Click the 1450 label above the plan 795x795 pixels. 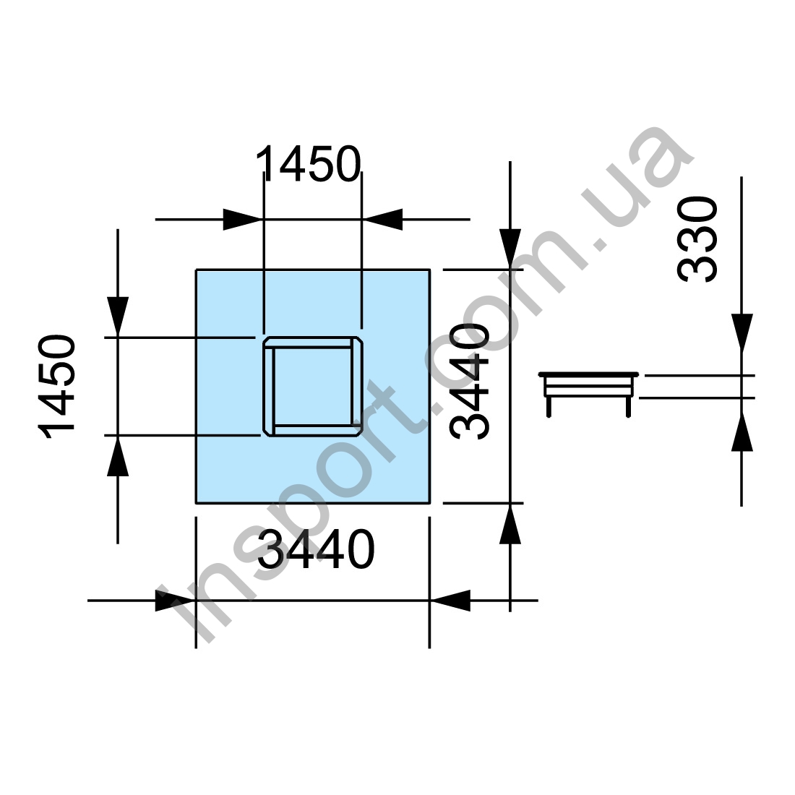tap(309, 164)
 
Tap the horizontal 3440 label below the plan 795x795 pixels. tap(317, 549)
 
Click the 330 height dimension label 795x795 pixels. tap(697, 239)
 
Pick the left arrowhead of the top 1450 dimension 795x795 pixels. tap(242, 220)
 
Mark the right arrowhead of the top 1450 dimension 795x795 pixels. tap(383, 220)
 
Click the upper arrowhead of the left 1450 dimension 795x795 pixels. tap(118, 317)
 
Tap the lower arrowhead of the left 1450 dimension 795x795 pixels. tap(118, 456)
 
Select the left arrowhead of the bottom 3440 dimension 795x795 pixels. tap(176, 601)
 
